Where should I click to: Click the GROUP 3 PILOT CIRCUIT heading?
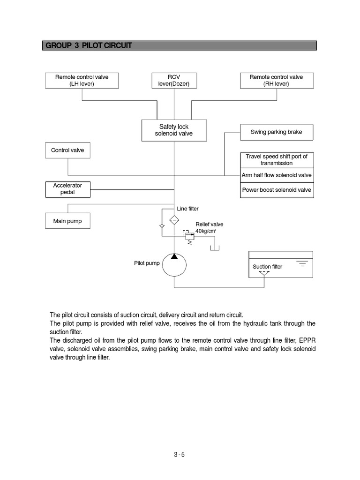tap(88, 45)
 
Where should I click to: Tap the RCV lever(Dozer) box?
tap(174, 81)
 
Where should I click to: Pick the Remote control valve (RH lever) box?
tap(276, 81)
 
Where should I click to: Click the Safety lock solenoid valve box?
tap(174, 130)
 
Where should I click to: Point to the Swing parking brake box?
tap(276, 132)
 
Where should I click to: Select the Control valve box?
tap(67, 150)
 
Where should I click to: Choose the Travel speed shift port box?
tap(276, 160)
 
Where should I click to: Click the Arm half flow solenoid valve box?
tap(276, 175)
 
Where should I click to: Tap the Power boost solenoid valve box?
tap(276, 190)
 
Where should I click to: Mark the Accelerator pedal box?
tap(67, 189)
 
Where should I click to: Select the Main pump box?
tap(67, 221)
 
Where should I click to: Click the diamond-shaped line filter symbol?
tap(174, 219)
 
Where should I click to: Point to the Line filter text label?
tap(187, 209)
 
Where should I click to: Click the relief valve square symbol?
tap(189, 236)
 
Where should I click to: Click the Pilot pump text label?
tap(147, 263)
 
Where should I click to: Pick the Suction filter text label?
tap(267, 267)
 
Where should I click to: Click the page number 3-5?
tap(180, 454)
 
